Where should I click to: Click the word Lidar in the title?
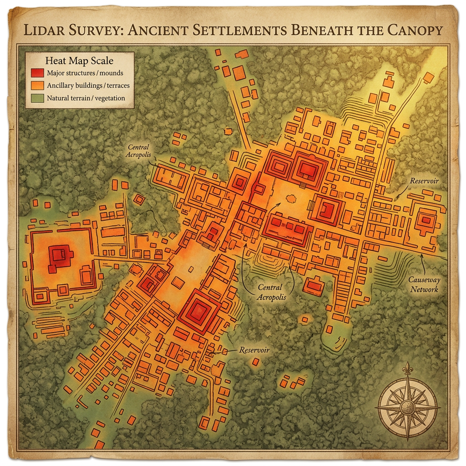45,30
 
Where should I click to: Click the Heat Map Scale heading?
80,60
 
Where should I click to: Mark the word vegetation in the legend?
109,97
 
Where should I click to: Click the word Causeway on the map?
424,280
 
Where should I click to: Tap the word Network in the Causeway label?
423,289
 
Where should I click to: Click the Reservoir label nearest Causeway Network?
424,181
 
